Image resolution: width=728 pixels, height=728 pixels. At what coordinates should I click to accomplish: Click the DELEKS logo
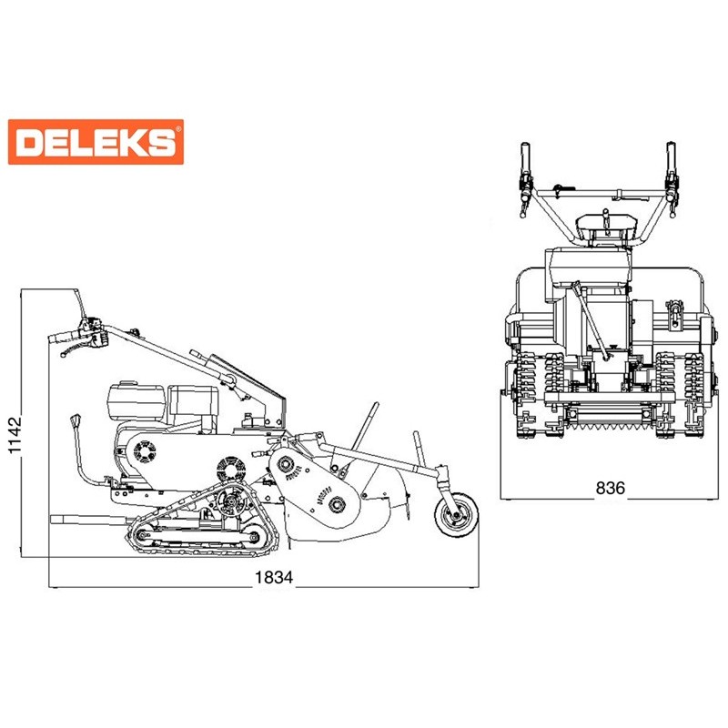pyautogui.click(x=96, y=142)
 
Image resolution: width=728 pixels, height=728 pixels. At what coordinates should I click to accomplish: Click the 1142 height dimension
pyautogui.click(x=15, y=435)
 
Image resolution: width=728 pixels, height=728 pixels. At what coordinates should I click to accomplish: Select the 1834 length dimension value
pyautogui.click(x=274, y=577)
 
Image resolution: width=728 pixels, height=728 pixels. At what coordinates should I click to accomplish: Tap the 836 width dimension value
pyautogui.click(x=611, y=488)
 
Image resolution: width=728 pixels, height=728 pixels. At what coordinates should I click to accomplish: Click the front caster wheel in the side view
pyautogui.click(x=457, y=516)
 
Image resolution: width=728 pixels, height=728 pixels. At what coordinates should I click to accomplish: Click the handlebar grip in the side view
pyautogui.click(x=64, y=337)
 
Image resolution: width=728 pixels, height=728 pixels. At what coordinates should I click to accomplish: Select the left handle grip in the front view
pyautogui.click(x=525, y=156)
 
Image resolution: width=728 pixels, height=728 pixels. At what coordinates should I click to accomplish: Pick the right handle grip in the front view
pyautogui.click(x=671, y=156)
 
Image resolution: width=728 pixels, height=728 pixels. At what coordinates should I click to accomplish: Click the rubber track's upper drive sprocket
pyautogui.click(x=231, y=501)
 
